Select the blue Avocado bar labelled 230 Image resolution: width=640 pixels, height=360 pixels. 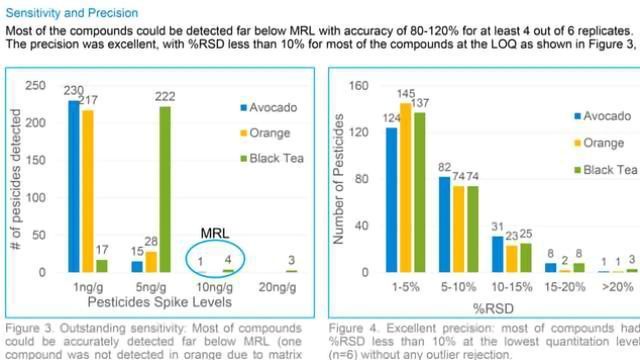(x=73, y=186)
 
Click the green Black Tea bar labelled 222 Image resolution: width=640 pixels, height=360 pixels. (x=164, y=189)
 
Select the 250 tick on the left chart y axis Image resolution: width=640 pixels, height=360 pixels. (x=39, y=85)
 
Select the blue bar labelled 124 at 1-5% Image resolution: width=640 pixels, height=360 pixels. (x=392, y=199)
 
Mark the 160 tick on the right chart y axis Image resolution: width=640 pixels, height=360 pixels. (x=363, y=85)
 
